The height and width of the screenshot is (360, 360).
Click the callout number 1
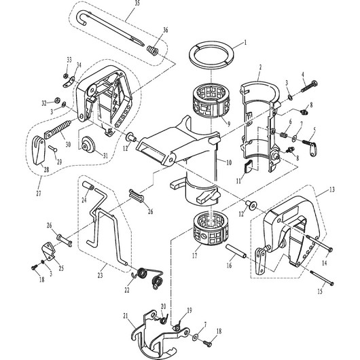click(x=245, y=42)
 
